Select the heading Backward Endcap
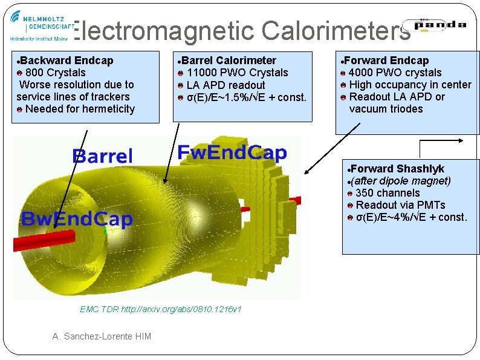pyautogui.click(x=66, y=61)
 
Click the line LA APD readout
pyautogui.click(x=225, y=85)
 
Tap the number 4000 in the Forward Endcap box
pyautogui.click(x=362, y=73)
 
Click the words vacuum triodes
pyautogui.click(x=386, y=109)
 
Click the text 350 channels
pyautogui.click(x=387, y=193)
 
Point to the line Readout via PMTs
pyautogui.click(x=400, y=205)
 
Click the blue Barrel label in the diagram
pyautogui.click(x=102, y=156)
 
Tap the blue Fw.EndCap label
pyautogui.click(x=232, y=153)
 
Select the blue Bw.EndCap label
pyautogui.click(x=76, y=219)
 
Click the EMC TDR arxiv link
pyautogui.click(x=161, y=309)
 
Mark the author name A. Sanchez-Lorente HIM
pyautogui.click(x=102, y=336)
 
